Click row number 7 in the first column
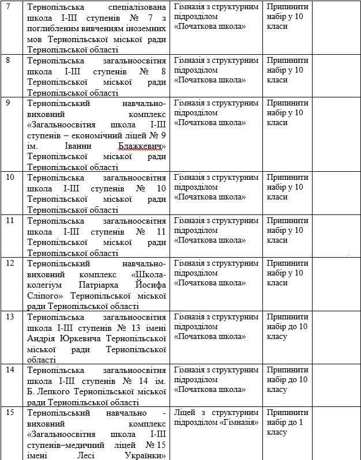coord(7,7)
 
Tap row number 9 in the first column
coord(7,103)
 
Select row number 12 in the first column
coord(10,263)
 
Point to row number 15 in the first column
coord(10,413)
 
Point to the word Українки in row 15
coord(142,455)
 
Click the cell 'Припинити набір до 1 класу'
coord(288,423)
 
